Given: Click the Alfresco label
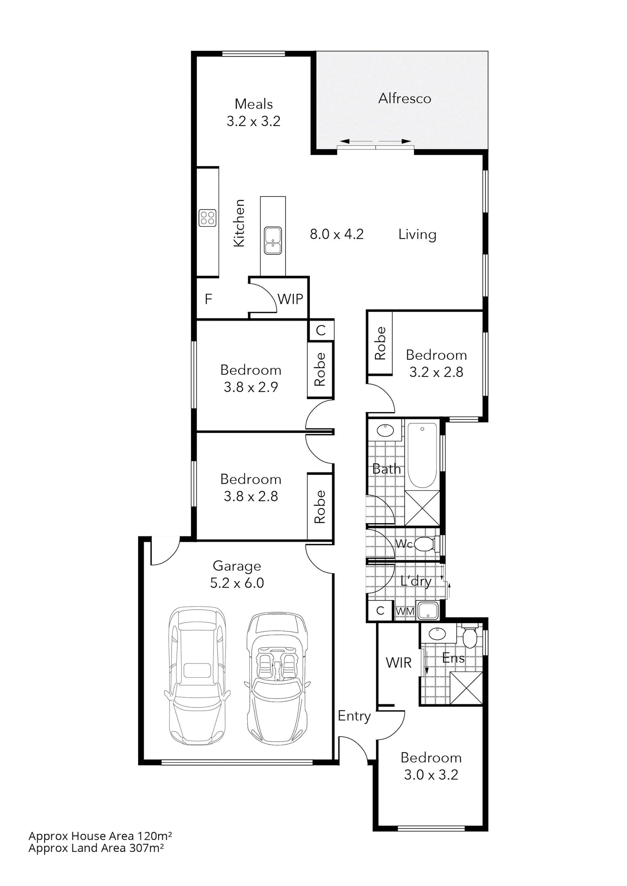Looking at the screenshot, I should [404, 99].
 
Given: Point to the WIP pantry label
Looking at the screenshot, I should [290, 299].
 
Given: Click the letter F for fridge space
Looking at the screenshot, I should [208, 299].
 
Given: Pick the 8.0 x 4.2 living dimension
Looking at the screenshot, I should [337, 234].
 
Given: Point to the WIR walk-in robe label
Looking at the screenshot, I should [398, 663].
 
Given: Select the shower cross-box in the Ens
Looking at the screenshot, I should [466, 688].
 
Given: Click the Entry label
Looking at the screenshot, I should [354, 716].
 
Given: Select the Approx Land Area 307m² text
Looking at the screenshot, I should [96, 848].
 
